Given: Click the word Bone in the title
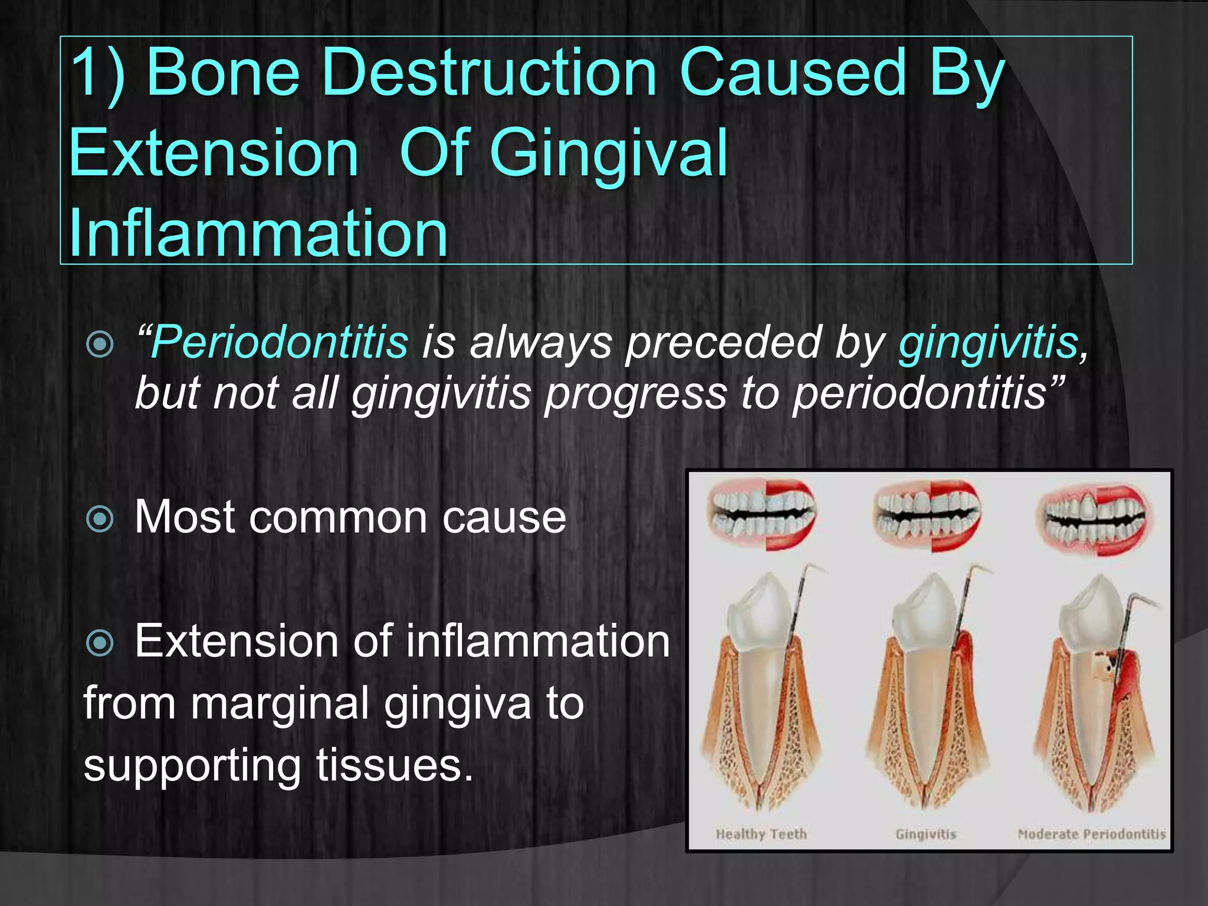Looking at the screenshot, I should point(224,73).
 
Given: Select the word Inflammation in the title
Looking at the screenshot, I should point(258,232).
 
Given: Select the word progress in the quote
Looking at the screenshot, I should point(636,393).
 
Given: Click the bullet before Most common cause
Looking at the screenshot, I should point(100,519).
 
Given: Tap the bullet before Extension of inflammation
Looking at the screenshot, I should point(100,642).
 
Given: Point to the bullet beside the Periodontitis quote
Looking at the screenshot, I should point(100,344).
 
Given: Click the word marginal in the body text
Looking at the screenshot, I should point(280,703).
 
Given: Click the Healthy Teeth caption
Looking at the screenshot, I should point(761,834).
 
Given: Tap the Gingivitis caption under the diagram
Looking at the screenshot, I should point(925,834).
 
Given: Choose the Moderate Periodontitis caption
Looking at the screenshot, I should point(1092,834).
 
